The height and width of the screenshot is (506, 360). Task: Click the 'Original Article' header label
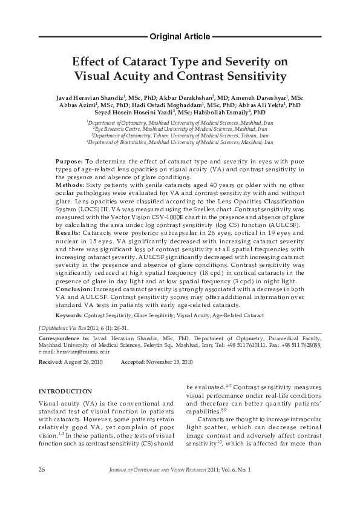180,36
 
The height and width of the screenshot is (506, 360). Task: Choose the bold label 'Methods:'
70,184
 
